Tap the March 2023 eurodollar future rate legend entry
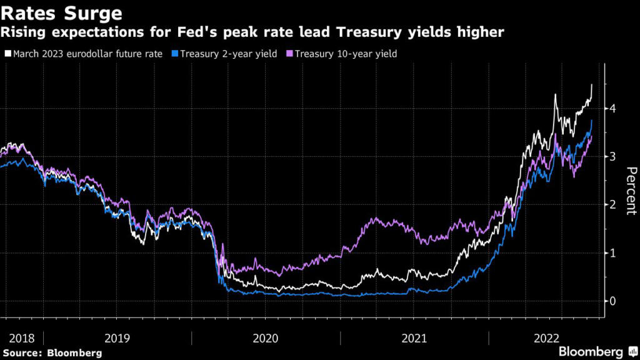[89, 54]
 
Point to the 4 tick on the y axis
[614, 108]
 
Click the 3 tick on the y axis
[614, 156]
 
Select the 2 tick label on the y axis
[614, 204]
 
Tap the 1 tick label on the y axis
[614, 252]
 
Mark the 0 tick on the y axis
[614, 301]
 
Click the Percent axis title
[631, 191]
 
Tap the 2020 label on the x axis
[266, 338]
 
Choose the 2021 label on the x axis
[415, 338]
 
